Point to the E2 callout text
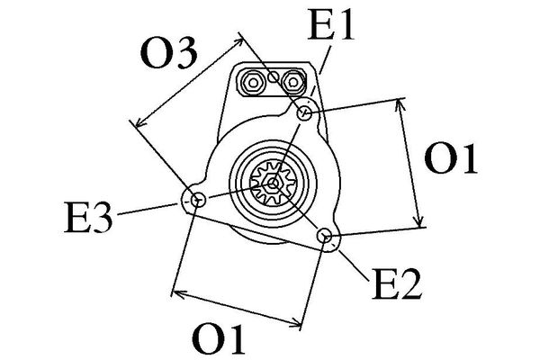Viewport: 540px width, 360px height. [397, 285]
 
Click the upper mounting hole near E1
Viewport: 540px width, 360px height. [306, 113]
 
